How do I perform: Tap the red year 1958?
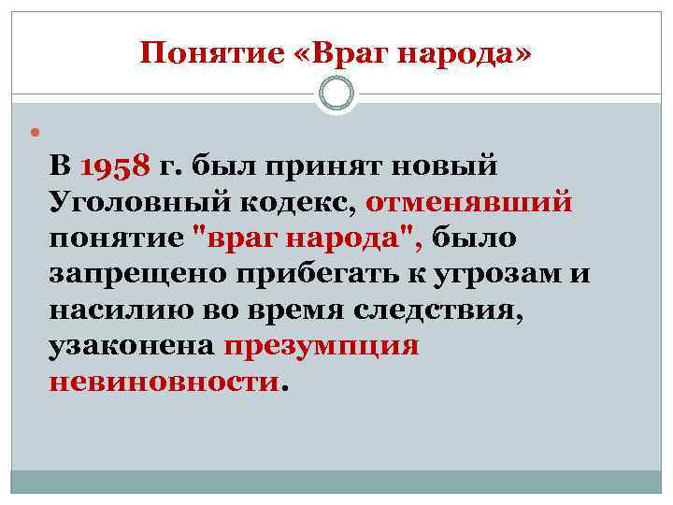click(x=116, y=168)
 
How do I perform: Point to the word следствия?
click(x=436, y=310)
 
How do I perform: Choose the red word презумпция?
click(x=322, y=345)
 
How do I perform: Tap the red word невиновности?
click(x=164, y=381)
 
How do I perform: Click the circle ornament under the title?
click(x=336, y=94)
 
